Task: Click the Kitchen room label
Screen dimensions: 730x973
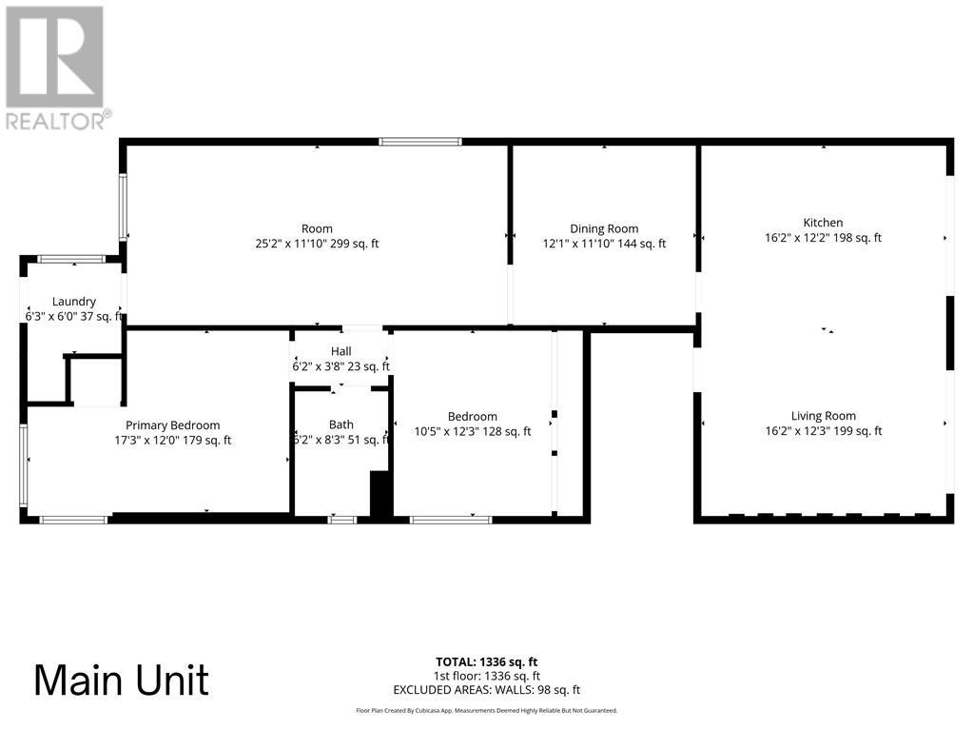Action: [823, 223]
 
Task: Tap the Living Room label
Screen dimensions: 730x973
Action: [823, 416]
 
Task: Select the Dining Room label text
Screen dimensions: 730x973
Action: [604, 228]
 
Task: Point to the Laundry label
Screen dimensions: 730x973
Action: [74, 302]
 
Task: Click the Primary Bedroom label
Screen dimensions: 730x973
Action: [173, 425]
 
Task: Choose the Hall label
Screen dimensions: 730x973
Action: [341, 351]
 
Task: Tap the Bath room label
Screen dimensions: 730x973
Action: [341, 424]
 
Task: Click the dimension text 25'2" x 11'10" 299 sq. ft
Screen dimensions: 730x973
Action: [317, 244]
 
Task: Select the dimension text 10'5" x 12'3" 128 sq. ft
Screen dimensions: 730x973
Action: [473, 431]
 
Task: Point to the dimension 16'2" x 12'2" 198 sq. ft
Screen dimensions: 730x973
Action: [823, 238]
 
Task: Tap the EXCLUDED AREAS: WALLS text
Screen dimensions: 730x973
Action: [486, 690]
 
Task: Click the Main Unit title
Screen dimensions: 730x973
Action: [122, 681]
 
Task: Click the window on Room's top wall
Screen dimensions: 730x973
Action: [420, 142]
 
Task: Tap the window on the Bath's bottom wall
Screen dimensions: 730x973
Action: [341, 519]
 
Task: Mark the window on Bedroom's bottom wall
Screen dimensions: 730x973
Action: [450, 519]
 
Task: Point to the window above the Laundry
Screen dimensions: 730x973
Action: [72, 258]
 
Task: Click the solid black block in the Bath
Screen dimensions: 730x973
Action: [380, 494]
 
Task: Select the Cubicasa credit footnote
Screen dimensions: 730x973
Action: [486, 710]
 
